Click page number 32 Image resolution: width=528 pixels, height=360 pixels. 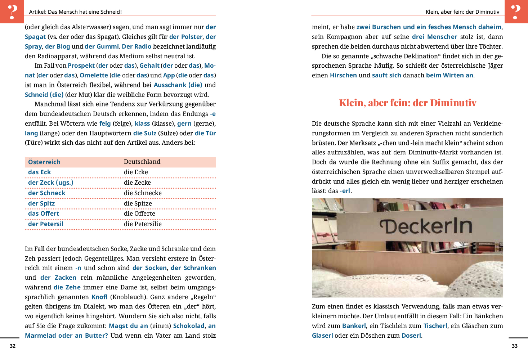coord(13,346)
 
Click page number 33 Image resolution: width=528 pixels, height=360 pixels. coord(515,346)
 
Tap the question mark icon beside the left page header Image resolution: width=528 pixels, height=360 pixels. coord(12,12)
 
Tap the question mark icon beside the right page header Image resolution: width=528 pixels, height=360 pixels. coord(516,12)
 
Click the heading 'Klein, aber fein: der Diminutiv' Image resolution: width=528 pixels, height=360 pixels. coord(407,103)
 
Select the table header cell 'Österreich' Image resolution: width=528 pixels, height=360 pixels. coord(44,162)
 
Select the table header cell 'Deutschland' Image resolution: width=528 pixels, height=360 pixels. coord(142,162)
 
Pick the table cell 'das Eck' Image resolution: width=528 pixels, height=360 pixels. coord(40,172)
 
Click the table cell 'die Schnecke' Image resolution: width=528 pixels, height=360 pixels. coord(143,193)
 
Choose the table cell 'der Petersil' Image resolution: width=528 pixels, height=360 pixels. coord(46,224)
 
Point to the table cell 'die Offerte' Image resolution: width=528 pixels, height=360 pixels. coord(139,213)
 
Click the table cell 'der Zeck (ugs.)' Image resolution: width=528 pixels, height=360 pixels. coord(50,183)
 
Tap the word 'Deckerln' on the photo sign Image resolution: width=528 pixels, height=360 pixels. coord(426,226)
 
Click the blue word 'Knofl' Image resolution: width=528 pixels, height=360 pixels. coord(99,297)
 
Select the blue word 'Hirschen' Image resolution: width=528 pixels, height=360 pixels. coord(343,75)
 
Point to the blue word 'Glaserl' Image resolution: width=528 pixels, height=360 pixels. coord(322,336)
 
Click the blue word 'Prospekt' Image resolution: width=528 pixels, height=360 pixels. coord(81,66)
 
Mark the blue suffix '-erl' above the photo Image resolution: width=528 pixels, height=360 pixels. coord(345,191)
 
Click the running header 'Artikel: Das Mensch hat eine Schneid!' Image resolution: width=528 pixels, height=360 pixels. coord(75,12)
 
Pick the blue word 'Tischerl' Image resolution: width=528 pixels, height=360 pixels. coord(435,326)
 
